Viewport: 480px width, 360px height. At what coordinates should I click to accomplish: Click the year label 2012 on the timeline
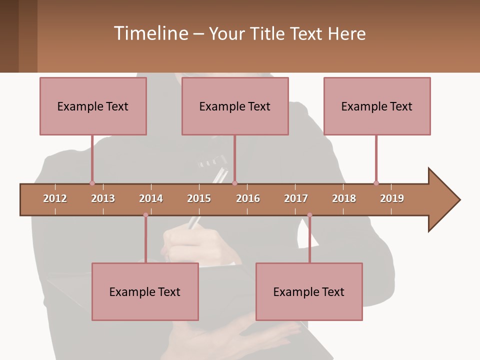55,198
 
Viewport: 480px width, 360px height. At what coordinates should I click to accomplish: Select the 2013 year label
103,198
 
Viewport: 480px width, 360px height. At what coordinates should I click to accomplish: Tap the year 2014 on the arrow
151,198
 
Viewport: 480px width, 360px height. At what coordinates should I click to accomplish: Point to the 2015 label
199,198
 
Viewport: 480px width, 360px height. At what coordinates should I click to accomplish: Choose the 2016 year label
248,198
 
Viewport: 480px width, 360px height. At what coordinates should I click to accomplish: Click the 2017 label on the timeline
296,198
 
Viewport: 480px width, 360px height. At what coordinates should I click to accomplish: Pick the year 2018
344,198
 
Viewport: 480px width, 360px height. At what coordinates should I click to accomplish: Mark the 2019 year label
392,198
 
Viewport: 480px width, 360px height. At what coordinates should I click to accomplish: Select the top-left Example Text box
93,106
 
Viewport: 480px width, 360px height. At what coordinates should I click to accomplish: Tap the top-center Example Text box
235,106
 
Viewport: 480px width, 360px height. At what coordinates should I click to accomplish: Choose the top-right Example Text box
377,106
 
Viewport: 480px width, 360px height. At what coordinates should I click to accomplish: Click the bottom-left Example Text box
145,291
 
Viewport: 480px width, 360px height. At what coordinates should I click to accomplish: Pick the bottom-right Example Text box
309,291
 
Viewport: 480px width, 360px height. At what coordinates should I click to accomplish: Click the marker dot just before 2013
92,183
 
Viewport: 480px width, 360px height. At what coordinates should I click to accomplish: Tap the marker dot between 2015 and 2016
234,183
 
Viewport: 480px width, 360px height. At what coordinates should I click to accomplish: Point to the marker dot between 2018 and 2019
376,183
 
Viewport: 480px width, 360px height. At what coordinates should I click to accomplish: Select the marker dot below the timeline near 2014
145,215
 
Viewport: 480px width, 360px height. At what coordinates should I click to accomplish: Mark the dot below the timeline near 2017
309,215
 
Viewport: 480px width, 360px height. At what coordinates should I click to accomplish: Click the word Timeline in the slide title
150,33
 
